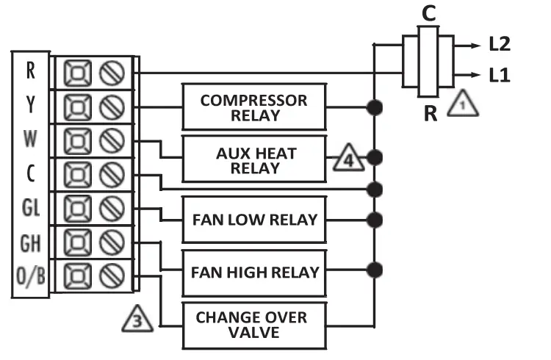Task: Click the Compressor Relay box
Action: (x=253, y=107)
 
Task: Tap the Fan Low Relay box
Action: (x=253, y=220)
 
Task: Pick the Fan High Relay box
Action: (x=253, y=272)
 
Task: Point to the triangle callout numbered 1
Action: (x=462, y=104)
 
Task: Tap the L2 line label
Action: (x=500, y=45)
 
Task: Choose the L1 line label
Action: (x=500, y=75)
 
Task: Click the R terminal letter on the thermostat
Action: (x=30, y=71)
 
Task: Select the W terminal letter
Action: (x=30, y=139)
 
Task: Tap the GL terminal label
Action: (x=30, y=208)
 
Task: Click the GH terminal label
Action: (x=30, y=242)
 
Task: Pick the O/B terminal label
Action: (x=30, y=276)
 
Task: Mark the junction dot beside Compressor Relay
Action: (x=375, y=108)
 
